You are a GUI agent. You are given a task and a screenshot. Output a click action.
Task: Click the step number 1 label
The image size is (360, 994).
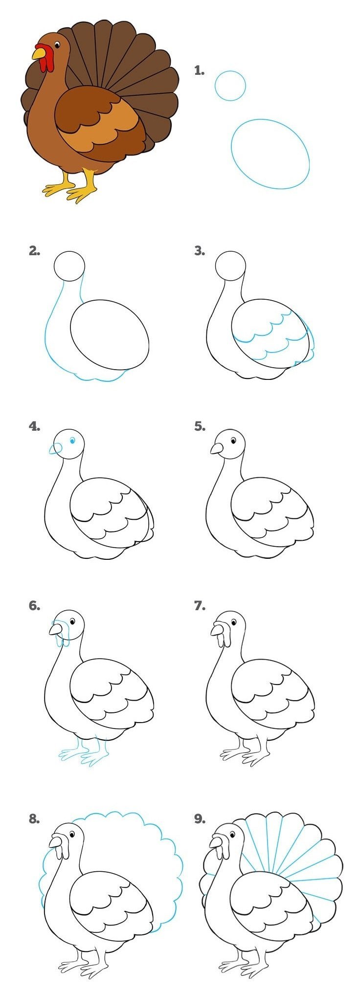(199, 71)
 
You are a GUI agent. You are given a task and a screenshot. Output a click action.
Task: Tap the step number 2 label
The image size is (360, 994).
(34, 251)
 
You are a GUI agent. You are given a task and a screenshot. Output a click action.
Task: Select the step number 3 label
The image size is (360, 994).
(200, 251)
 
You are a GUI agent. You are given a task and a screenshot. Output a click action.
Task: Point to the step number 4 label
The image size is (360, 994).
(34, 426)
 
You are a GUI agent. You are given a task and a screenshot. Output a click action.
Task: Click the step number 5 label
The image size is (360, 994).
(200, 426)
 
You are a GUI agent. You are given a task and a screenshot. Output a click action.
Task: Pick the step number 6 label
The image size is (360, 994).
(34, 606)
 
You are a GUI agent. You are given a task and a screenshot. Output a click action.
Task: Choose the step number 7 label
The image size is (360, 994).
(200, 606)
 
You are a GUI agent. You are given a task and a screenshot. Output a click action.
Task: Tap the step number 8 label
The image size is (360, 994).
(34, 819)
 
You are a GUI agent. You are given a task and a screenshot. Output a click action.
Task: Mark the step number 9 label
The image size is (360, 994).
(200, 819)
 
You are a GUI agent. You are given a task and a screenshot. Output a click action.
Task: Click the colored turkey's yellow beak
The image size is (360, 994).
(38, 53)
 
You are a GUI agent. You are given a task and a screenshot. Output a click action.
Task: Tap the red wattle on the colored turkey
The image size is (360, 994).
(45, 58)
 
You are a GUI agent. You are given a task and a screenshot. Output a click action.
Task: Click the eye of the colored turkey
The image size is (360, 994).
(57, 46)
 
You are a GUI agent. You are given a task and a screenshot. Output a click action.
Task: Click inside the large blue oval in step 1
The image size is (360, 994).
(270, 154)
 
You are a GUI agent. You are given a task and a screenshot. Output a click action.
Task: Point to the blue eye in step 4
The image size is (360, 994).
(72, 441)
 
